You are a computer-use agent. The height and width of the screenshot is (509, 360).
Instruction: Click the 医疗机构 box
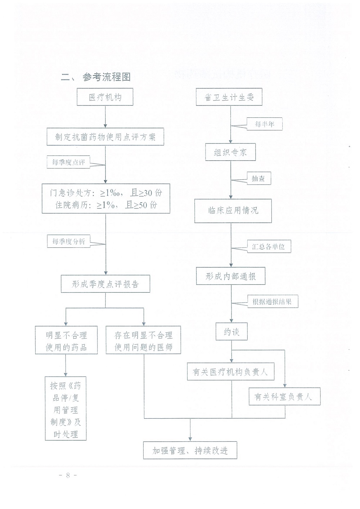[105, 97]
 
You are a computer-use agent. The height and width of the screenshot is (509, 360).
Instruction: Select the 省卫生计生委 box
[229, 97]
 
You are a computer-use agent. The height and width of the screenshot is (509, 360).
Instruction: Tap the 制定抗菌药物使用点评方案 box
[105, 137]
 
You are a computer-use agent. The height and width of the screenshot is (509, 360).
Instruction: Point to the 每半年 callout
[265, 124]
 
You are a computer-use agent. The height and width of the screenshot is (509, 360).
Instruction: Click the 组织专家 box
[230, 152]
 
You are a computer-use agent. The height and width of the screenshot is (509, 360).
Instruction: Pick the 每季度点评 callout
[68, 162]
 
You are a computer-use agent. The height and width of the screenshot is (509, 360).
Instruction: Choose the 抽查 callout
[258, 179]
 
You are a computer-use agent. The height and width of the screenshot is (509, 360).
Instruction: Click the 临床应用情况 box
[233, 211]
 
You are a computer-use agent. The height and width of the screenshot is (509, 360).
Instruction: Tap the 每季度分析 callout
[68, 241]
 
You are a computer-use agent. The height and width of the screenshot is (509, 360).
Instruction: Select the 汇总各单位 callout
[269, 246]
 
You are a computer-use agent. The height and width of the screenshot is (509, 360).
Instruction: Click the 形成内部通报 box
[231, 276]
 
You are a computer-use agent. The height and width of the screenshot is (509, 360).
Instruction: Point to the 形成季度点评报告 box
[105, 284]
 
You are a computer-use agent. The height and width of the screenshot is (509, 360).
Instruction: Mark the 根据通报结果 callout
[273, 302]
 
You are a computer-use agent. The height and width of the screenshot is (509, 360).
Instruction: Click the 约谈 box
[231, 332]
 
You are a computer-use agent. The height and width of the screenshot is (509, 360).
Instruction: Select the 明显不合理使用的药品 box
[66, 340]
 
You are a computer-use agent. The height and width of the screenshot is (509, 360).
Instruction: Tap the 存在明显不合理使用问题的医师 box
[143, 340]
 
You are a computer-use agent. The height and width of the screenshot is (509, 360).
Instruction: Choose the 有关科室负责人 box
[284, 397]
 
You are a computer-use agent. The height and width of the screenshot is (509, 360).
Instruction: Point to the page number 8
[68, 475]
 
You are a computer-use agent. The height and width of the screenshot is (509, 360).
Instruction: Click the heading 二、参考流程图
[96, 77]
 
